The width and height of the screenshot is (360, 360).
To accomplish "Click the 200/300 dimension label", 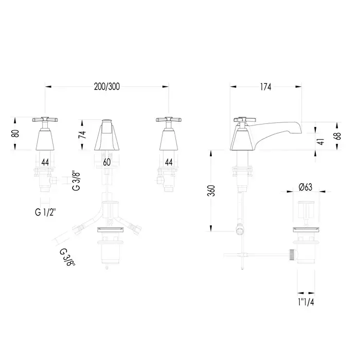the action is pyautogui.click(x=107, y=86).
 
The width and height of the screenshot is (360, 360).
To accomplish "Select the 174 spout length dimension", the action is pyautogui.click(x=266, y=87).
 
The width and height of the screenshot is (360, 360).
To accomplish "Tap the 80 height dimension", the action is pyautogui.click(x=15, y=133).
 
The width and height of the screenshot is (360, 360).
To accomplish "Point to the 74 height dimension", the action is pyautogui.click(x=82, y=135).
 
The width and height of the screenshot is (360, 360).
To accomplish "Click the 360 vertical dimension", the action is pyautogui.click(x=211, y=191).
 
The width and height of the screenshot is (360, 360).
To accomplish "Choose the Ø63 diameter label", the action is pyautogui.click(x=305, y=187).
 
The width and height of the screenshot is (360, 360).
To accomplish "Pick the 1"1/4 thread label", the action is pyautogui.click(x=306, y=302).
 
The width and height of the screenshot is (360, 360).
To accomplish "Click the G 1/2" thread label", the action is pyautogui.click(x=45, y=212).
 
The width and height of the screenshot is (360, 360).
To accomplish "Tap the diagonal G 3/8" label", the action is pyautogui.click(x=67, y=257).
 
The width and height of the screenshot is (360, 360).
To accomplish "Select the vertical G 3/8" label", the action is pyautogui.click(x=76, y=181).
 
